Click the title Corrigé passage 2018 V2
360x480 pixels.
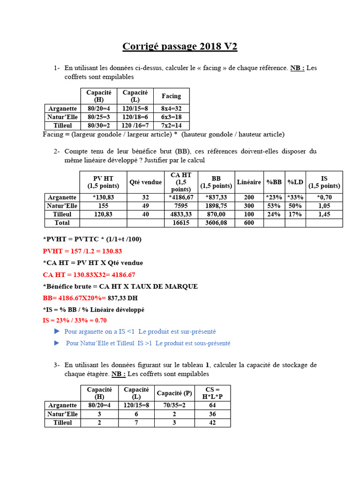[180, 46]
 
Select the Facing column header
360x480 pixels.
[171, 96]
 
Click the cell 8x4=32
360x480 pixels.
[171, 108]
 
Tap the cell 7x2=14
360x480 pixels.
[171, 126]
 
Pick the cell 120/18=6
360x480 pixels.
[135, 117]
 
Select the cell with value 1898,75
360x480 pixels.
[216, 206]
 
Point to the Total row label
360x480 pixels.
[62, 223]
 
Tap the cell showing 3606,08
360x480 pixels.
[216, 223]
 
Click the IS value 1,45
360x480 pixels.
[324, 214]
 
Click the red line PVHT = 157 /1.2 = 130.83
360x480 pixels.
[82, 251]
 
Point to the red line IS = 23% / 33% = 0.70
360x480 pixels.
[75, 320]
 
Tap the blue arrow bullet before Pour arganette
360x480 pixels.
[57, 331]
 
